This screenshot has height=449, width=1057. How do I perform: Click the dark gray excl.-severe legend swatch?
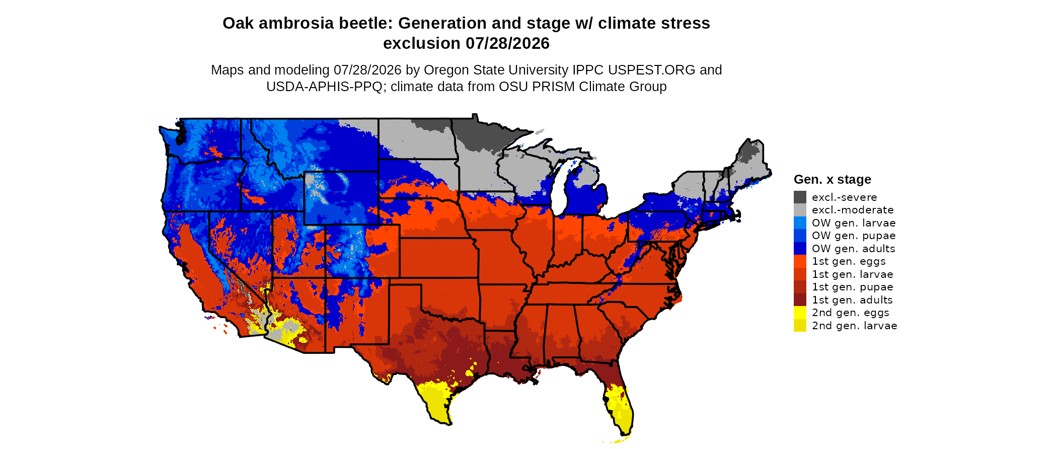pyautogui.click(x=800, y=197)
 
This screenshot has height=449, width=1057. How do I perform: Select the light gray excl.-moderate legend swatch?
pyautogui.click(x=800, y=210)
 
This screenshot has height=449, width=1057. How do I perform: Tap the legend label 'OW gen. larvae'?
pyautogui.click(x=854, y=223)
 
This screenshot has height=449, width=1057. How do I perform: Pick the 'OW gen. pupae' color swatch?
pyautogui.click(x=800, y=236)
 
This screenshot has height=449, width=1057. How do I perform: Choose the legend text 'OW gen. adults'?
pyautogui.click(x=854, y=249)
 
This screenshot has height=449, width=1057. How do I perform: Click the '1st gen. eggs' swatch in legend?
pyautogui.click(x=800, y=261)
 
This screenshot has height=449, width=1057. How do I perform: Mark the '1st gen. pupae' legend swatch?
pyautogui.click(x=800, y=287)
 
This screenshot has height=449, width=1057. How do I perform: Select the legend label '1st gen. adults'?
pyautogui.click(x=852, y=300)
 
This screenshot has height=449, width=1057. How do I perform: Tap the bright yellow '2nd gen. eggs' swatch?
pyautogui.click(x=800, y=313)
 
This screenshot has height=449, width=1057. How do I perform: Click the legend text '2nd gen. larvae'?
pyautogui.click(x=855, y=326)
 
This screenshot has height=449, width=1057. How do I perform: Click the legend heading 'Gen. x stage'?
pyautogui.click(x=833, y=180)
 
